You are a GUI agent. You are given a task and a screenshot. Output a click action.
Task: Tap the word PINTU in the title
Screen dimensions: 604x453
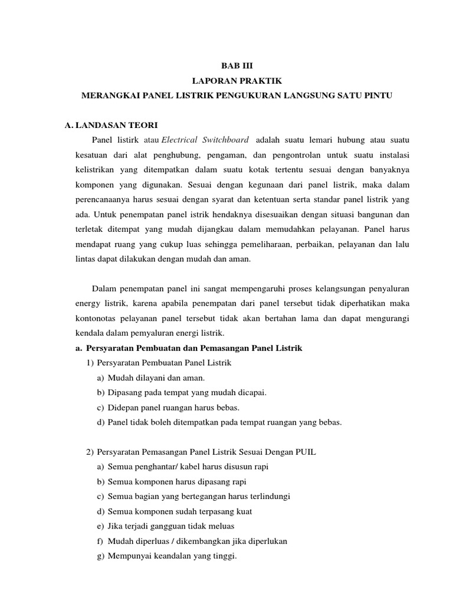click(x=376, y=96)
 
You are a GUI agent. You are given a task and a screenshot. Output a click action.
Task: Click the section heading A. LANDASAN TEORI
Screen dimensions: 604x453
click(x=111, y=124)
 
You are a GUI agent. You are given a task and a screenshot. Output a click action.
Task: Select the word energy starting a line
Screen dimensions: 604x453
click(x=77, y=303)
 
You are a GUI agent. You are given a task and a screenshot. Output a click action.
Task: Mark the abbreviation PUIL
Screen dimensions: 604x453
click(x=306, y=452)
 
